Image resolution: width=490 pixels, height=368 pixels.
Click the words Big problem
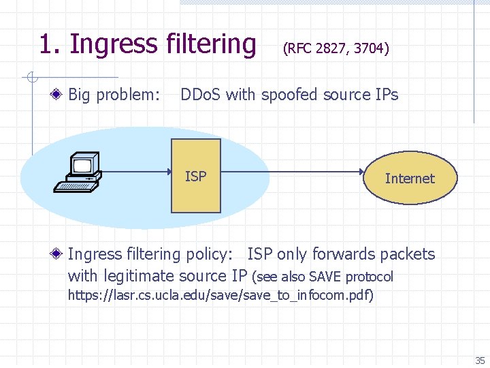[114, 95]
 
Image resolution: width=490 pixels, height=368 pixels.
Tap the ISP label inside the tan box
[195, 177]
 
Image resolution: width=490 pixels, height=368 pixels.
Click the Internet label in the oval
[409, 179]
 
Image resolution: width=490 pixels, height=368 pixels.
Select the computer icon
[78, 173]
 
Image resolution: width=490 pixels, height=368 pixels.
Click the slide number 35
[480, 361]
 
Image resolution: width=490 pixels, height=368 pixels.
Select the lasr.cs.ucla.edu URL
[219, 296]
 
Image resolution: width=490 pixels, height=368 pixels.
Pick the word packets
[407, 254]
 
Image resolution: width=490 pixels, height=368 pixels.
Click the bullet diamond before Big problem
[60, 95]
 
